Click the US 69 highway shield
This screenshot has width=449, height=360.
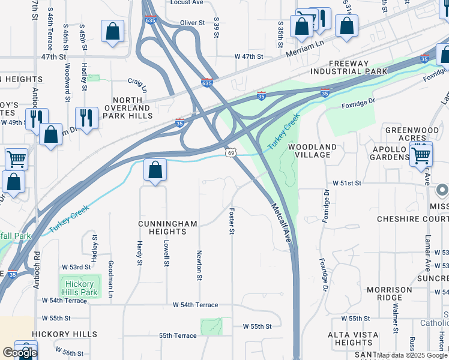[231, 153]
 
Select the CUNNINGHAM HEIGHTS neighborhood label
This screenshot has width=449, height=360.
[167, 229]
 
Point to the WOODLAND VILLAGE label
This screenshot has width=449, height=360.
[312, 151]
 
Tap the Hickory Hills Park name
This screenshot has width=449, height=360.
[79, 288]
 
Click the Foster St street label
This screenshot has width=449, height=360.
[232, 221]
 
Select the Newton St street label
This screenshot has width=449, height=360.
[199, 265]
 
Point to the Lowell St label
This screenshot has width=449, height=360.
[166, 253]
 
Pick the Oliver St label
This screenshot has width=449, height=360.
[193, 23]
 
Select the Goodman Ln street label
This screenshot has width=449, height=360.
[110, 272]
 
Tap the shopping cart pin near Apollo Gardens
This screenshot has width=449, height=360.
[421, 155]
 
